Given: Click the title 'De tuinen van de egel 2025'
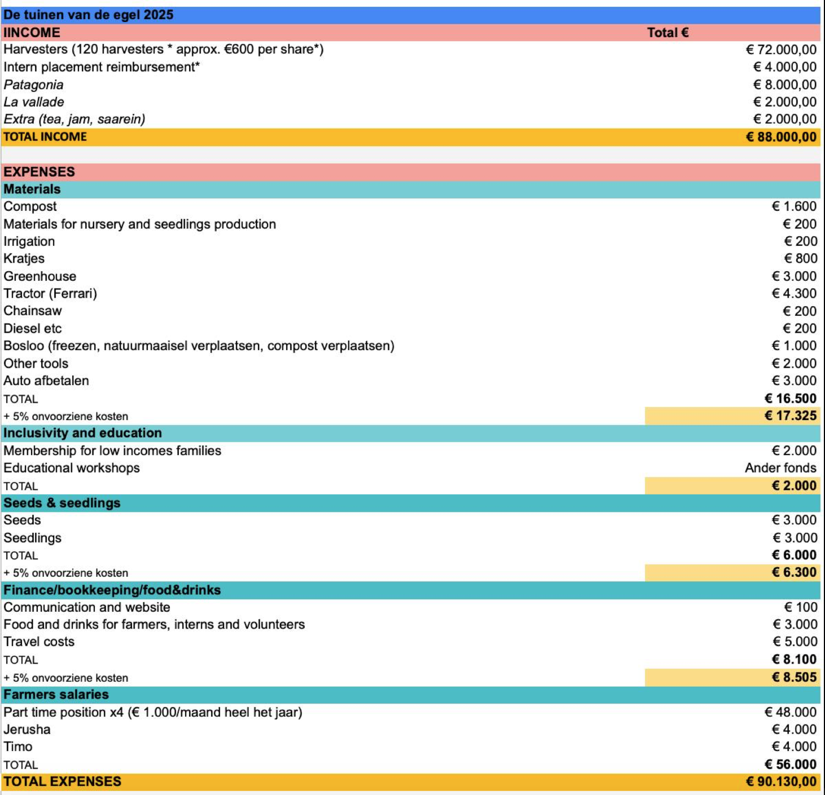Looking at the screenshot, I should coord(89,15).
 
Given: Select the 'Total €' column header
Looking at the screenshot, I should coord(668,32).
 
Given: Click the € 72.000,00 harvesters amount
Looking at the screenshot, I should coord(781,50).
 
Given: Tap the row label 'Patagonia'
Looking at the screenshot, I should coord(33,85).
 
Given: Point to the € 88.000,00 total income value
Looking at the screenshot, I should coord(781,136).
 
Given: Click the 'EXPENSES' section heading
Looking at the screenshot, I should coord(39,172).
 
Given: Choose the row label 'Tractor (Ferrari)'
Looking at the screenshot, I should coord(50,293).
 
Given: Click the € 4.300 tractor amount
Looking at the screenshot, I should coord(794,293).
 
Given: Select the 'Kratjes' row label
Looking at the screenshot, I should coord(24,258).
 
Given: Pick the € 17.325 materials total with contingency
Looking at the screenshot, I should coord(790,416).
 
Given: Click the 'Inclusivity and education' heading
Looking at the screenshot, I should coord(82,432).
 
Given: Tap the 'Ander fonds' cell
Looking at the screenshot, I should coord(780,467).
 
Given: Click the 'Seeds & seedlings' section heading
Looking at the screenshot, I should coord(62,502).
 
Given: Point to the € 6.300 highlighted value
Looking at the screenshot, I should coord(794,572).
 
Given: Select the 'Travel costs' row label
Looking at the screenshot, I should coord(39,641).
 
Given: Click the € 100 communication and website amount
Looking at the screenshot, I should coord(800,607).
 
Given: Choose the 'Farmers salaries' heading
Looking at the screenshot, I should coord(56,694).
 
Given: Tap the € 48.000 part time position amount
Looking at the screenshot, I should coord(790,712).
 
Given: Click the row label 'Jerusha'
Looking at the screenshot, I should coord(27,729).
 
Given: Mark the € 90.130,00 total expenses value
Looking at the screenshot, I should coord(781,781).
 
